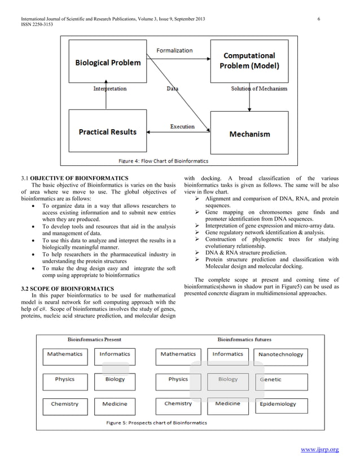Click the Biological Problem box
[x=108, y=63]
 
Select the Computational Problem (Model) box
[x=249, y=61]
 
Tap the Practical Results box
[x=108, y=132]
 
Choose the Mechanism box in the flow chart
[x=249, y=134]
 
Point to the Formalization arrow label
[x=174, y=50]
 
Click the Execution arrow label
[x=182, y=127]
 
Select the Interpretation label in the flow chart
[x=109, y=89]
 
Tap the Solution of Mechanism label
[x=259, y=89]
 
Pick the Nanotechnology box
[x=280, y=355]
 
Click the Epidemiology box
[x=278, y=405]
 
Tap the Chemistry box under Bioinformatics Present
[x=64, y=405]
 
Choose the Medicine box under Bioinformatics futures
[x=228, y=405]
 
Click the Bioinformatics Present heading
[x=94, y=340]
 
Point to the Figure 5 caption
[x=157, y=423]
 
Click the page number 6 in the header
[x=319, y=20]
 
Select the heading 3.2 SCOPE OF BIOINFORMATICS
[x=67, y=288]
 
